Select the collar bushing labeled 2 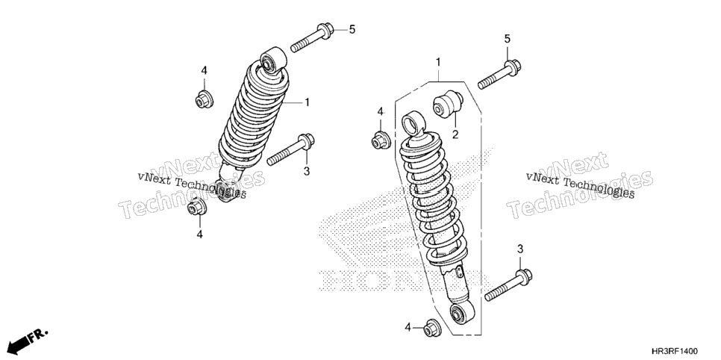[x=448, y=104]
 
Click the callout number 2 [x=455, y=134]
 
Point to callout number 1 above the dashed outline [x=438, y=62]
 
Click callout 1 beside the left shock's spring [x=307, y=102]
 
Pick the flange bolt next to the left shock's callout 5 [x=312, y=38]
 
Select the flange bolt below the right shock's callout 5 [x=499, y=74]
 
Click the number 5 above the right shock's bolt [x=508, y=39]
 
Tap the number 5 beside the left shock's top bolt [x=352, y=30]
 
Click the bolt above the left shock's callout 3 [x=290, y=149]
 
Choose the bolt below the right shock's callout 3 [x=508, y=285]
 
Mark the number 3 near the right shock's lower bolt [x=520, y=249]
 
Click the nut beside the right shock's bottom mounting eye [x=431, y=327]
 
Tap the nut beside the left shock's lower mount [x=197, y=207]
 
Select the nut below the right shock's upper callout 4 [x=381, y=140]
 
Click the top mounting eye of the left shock [x=273, y=59]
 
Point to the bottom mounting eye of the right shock [x=461, y=313]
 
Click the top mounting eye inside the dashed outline [x=413, y=122]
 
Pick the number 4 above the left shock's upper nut [x=205, y=70]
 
